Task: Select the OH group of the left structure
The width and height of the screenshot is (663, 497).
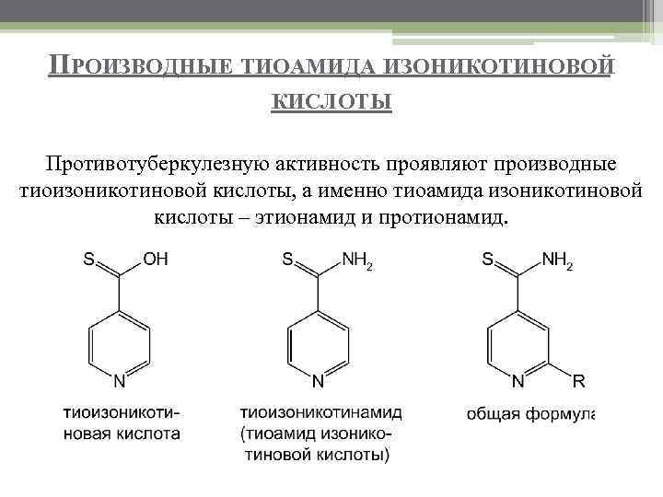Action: click(155, 260)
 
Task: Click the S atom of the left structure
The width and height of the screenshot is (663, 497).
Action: click(90, 260)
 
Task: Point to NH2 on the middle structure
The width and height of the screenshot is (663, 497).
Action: click(357, 261)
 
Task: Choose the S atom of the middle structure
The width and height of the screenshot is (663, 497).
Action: click(288, 260)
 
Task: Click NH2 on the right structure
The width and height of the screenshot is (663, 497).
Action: click(558, 261)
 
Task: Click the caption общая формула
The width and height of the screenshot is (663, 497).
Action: click(530, 413)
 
